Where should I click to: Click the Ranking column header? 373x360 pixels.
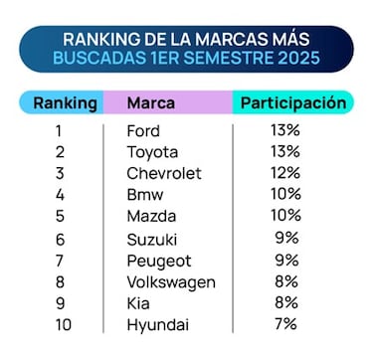pyautogui.click(x=66, y=102)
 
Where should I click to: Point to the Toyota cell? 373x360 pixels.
pyautogui.click(x=152, y=152)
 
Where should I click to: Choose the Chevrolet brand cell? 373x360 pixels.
pyautogui.click(x=163, y=173)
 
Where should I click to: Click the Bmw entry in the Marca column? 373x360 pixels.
pyautogui.click(x=146, y=195)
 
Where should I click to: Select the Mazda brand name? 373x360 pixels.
pyautogui.click(x=151, y=217)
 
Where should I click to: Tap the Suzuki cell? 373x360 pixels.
pyautogui.click(x=151, y=239)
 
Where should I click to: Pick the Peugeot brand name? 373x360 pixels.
pyautogui.click(x=158, y=261)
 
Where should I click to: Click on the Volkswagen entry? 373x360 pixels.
pyautogui.click(x=171, y=282)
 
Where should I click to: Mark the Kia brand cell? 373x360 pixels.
pyautogui.click(x=139, y=304)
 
